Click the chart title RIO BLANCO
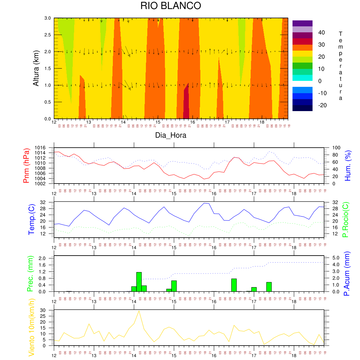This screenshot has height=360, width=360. [171, 6]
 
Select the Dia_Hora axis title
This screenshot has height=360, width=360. [171, 135]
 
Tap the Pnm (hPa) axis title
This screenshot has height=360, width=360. [26, 166]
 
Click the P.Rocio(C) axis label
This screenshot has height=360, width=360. [346, 220]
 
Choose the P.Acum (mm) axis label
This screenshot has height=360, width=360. [347, 273]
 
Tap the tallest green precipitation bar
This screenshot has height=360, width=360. [139, 282]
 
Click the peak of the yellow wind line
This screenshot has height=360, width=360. [139, 311]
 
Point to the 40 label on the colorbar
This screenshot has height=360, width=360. [321, 33]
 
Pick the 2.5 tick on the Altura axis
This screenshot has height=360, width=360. [47, 35]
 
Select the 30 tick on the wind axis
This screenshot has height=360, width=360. [48, 310]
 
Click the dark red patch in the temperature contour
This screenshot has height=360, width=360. [186, 102]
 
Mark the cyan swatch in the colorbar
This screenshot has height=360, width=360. [302, 78]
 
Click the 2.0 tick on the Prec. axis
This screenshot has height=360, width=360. [47, 258]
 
